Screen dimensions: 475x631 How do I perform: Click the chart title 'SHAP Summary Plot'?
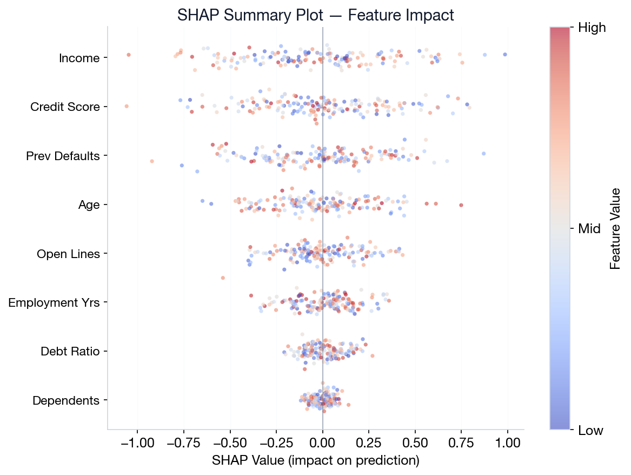315,15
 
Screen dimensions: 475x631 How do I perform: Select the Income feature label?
79,58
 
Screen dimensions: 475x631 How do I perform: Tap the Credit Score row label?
65,107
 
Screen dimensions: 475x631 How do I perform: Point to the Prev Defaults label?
63,156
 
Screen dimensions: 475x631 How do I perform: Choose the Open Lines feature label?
68,254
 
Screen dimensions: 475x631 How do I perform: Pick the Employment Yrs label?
54,302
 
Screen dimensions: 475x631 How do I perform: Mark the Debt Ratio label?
70,352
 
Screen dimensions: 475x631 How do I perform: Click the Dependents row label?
66,401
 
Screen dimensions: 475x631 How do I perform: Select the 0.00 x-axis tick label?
322,441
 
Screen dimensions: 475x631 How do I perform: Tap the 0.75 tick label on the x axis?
461,441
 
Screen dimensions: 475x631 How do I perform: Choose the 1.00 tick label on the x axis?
507,441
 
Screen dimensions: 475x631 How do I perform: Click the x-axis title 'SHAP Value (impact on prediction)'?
315,460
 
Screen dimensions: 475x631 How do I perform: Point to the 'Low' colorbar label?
591,431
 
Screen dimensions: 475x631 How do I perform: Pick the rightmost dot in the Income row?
505,55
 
